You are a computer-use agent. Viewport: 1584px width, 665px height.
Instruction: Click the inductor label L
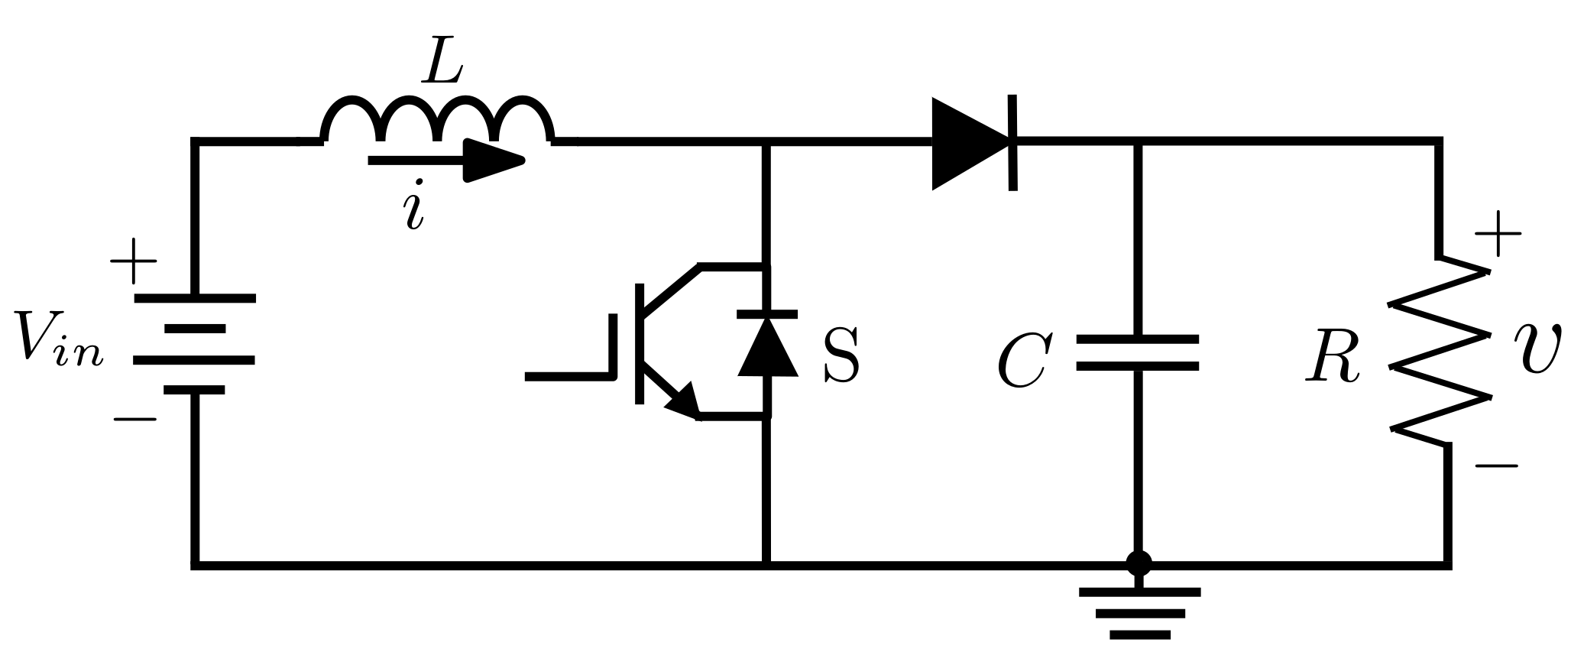[x=444, y=62]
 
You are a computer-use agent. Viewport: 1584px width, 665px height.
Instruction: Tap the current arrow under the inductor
[x=447, y=161]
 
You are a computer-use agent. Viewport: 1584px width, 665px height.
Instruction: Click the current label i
[x=414, y=205]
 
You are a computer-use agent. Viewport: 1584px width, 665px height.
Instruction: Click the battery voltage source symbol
[x=195, y=344]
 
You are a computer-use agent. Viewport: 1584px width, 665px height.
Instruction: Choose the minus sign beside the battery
[x=135, y=419]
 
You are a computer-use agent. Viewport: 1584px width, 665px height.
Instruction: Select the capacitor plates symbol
[x=1138, y=352]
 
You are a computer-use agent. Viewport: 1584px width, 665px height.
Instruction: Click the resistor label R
[x=1333, y=358]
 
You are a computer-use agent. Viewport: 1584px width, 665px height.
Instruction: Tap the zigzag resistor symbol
[x=1441, y=352]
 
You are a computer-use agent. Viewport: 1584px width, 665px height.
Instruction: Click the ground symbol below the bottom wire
[x=1139, y=611]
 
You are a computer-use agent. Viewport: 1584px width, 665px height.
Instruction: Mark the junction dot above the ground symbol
[x=1139, y=564]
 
